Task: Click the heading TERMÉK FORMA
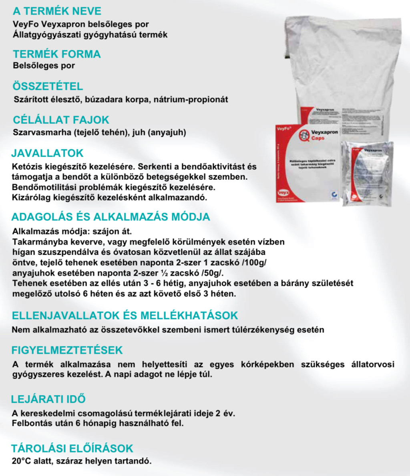pyautogui.click(x=56, y=54)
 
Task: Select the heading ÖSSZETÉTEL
pyautogui.click(x=48, y=86)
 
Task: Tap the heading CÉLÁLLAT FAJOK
pyautogui.click(x=61, y=120)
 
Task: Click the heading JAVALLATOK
pyautogui.click(x=47, y=153)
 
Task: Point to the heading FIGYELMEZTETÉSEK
pyautogui.click(x=67, y=350)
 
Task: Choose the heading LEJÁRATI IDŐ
pyautogui.click(x=48, y=399)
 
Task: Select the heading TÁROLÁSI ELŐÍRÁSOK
pyautogui.click(x=72, y=448)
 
